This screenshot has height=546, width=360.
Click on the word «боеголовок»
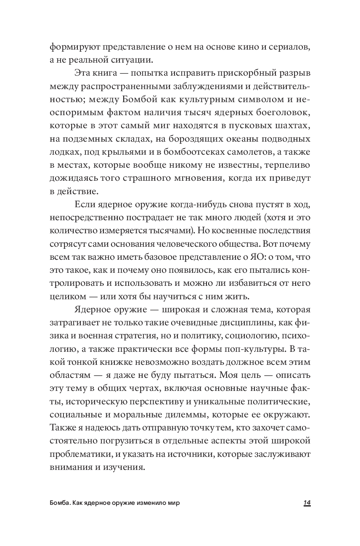click(x=284, y=113)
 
